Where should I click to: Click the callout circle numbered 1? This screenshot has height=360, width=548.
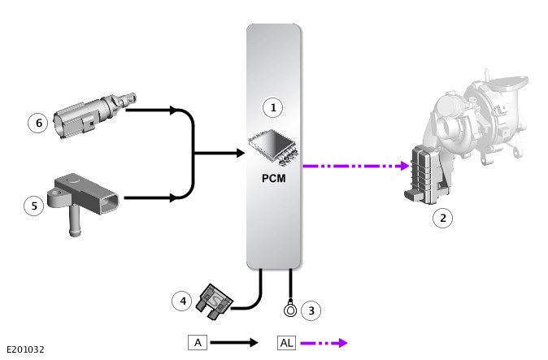point(273,106)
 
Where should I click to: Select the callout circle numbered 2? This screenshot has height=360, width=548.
point(442,217)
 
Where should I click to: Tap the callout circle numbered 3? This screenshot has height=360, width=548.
point(310,310)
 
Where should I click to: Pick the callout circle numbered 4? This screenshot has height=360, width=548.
point(183,301)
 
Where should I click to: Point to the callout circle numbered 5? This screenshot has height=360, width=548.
point(34,206)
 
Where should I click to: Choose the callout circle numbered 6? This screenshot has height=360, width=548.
point(37,123)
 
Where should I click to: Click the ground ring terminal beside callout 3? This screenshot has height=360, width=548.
point(289,309)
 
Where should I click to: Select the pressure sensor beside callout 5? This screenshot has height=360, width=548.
point(85,199)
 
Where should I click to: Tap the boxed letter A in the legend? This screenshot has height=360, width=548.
point(198,342)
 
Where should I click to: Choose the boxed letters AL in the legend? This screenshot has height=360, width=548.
point(286,342)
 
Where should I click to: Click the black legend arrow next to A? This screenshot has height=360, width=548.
point(234,343)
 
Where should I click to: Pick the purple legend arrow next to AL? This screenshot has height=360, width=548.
point(324,343)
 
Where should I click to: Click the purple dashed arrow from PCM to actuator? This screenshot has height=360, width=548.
point(354,166)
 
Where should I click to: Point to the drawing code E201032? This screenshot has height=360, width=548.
point(25,349)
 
